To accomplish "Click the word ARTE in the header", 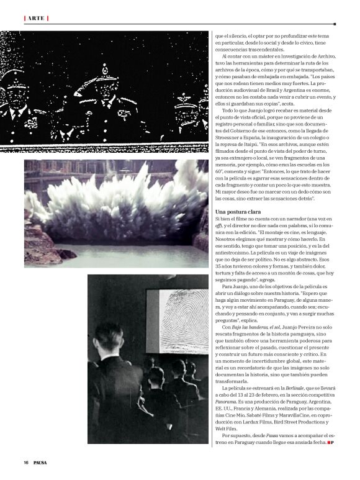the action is click(35, 17).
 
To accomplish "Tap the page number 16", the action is click(26, 462).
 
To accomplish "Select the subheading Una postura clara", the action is click(238, 212).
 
